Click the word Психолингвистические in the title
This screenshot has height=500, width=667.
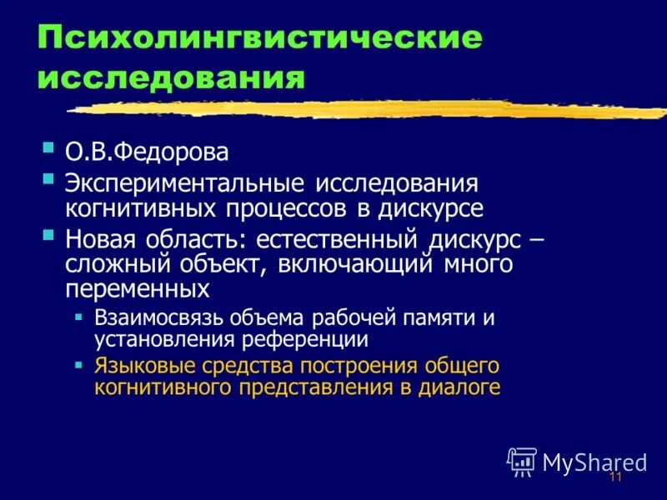(258, 39)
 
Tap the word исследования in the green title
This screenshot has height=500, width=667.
(170, 79)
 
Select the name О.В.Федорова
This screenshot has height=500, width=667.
(147, 153)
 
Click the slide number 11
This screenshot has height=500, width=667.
(616, 477)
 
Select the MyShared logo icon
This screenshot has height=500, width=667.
(522, 461)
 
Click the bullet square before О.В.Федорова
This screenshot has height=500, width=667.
(48, 150)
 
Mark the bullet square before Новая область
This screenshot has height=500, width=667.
(48, 236)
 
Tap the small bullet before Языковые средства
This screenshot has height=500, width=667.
(78, 364)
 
